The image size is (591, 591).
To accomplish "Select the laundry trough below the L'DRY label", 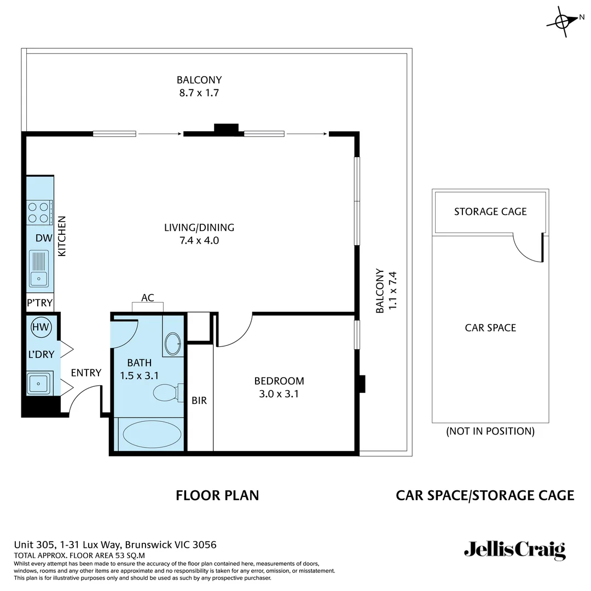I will (x=39, y=383).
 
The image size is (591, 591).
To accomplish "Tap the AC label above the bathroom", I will (x=148, y=298).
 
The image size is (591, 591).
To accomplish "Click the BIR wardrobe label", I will (x=199, y=401).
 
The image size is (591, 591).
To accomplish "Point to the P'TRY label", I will (x=40, y=303).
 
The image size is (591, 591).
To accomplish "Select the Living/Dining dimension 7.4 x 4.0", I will (x=199, y=240).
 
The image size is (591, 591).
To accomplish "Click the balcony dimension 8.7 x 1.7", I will (x=199, y=93).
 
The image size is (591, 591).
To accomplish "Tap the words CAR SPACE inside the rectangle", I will (x=490, y=328).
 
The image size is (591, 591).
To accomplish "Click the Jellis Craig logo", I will (x=514, y=550).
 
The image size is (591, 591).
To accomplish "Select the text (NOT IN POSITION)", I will (x=490, y=431).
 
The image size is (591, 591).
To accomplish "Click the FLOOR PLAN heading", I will (x=217, y=496).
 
